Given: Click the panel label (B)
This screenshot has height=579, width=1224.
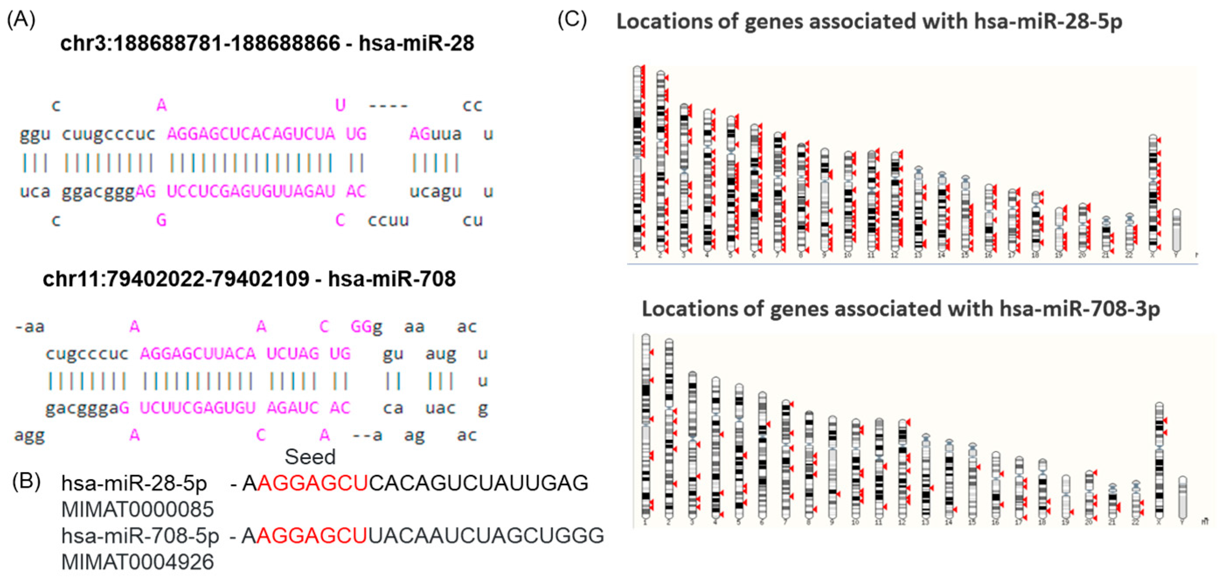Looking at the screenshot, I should click(x=27, y=481).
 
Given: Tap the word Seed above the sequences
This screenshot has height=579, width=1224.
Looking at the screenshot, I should click(x=310, y=457).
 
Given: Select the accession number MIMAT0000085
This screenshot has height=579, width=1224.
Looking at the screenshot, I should click(x=137, y=509).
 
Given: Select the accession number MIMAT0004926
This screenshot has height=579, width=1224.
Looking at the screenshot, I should click(x=137, y=562).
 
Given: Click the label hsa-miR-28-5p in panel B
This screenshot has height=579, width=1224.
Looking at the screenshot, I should click(x=134, y=483).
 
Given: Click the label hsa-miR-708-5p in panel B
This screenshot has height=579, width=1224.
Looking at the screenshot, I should click(x=140, y=536).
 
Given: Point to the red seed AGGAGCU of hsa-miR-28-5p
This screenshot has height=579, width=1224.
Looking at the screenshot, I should click(x=312, y=483).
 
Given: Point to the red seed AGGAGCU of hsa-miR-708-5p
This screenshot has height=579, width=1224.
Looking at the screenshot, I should click(x=312, y=536).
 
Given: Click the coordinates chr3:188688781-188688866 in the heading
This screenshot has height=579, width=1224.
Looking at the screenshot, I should click(x=200, y=44).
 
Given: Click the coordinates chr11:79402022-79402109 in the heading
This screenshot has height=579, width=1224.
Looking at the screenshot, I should click(x=176, y=279).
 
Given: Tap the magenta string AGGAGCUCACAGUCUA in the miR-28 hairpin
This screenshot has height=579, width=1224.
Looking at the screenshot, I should click(x=250, y=134).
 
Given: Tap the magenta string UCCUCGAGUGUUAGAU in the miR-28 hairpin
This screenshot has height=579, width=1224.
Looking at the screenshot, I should click(x=250, y=191).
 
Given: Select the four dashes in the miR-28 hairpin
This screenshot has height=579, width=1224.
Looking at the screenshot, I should click(x=388, y=105).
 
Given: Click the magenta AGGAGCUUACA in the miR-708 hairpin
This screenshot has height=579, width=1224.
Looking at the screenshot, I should click(x=198, y=353).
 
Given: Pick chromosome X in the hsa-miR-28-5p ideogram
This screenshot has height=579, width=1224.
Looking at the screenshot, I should click(x=1153, y=193).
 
